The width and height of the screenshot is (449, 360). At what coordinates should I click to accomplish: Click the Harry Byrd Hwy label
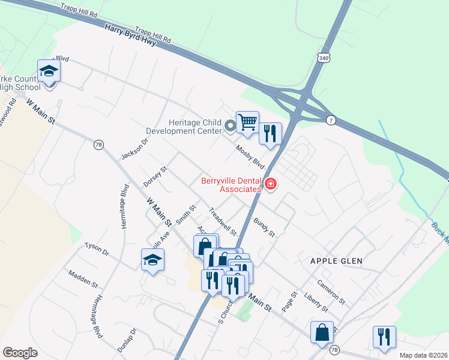pyautogui.click(x=130, y=36)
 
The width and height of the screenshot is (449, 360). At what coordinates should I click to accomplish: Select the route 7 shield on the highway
pyautogui.click(x=331, y=121)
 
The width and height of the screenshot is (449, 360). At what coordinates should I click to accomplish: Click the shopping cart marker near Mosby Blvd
pyautogui.click(x=247, y=122)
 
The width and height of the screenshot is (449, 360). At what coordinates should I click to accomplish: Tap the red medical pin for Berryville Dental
pyautogui.click(x=270, y=184)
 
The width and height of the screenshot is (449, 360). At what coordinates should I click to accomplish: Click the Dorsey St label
pyautogui.click(x=155, y=176)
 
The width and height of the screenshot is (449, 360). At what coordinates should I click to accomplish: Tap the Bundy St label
pyautogui.click(x=264, y=227)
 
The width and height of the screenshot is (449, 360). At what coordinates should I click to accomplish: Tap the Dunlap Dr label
pyautogui.click(x=127, y=340)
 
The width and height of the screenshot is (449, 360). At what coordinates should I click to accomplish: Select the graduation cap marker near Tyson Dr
pyautogui.click(x=152, y=260)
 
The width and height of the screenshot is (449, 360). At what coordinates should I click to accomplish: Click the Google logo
pyautogui.click(x=20, y=352)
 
